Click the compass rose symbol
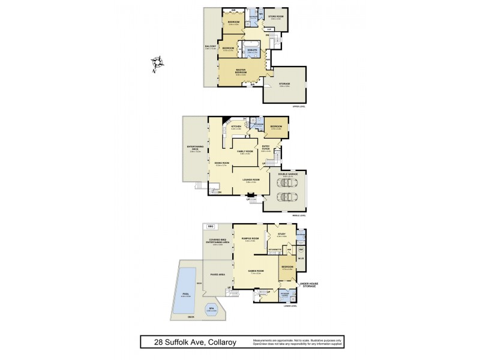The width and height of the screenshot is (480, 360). pyautogui.click(x=159, y=63)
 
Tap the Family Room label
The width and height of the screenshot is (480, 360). pyautogui.click(x=244, y=152)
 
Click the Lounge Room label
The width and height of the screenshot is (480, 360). pyautogui.click(x=251, y=179)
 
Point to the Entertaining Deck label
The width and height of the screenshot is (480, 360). pyautogui.click(x=197, y=147)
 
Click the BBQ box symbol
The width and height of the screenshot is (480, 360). pyautogui.click(x=211, y=226)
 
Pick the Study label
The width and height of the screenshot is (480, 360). pyautogui.click(x=281, y=235)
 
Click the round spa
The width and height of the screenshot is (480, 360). pyautogui.click(x=211, y=310)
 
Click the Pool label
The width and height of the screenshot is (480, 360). pyautogui.click(x=187, y=295)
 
